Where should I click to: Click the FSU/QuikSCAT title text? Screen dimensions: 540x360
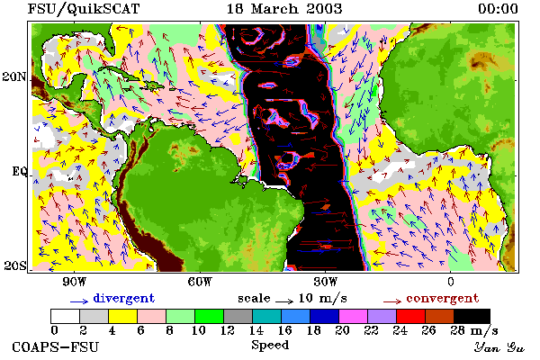[84, 9]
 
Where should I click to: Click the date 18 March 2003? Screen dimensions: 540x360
[284, 9]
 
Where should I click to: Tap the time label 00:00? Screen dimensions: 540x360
[498, 9]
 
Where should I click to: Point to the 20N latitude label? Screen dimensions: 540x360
[14, 76]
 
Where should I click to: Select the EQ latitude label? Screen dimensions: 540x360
[19, 171]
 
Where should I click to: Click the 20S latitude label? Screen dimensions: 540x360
[15, 265]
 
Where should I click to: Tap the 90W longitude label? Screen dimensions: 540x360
[75, 282]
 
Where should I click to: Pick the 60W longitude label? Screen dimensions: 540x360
[200, 282]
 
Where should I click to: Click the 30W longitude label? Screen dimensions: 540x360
[326, 282]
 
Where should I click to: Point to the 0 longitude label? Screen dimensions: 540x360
[451, 282]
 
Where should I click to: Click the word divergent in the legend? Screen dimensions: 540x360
[123, 299]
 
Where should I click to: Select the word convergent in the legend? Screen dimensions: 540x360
[443, 298]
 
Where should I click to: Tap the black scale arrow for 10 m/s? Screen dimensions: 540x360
[284, 301]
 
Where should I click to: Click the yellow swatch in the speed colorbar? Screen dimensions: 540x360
[122, 316]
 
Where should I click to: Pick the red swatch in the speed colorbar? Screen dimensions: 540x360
[410, 316]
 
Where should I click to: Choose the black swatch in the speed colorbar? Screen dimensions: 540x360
[472, 316]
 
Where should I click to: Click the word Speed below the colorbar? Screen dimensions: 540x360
[270, 346]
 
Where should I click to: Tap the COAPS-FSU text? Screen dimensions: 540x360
[56, 346]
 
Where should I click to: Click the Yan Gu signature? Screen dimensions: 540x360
[499, 347]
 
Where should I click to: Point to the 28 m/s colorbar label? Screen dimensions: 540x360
[474, 330]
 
